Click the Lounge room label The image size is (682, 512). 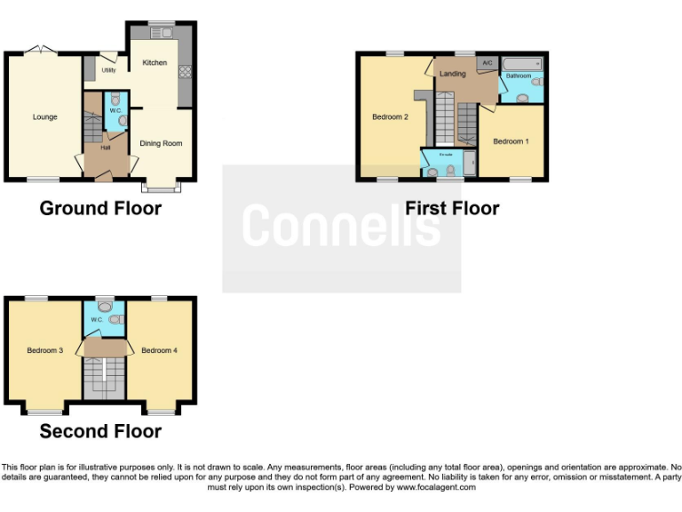[45, 116]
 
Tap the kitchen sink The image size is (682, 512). [162, 33]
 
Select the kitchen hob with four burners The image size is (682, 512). [186, 72]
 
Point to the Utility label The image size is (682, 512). [108, 69]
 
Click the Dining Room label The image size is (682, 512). [162, 143]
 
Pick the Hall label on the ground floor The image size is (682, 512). [105, 148]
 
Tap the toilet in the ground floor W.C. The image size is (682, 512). [115, 100]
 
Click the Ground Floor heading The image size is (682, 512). [100, 209]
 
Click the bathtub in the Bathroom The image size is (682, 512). [522, 65]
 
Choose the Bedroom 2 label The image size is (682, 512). [390, 116]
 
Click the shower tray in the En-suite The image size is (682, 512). [469, 164]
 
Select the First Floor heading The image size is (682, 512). [452, 209]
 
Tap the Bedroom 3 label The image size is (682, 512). [44, 350]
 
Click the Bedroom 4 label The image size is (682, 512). [159, 350]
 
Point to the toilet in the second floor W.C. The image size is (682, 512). [106, 303]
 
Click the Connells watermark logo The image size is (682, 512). [341, 226]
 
